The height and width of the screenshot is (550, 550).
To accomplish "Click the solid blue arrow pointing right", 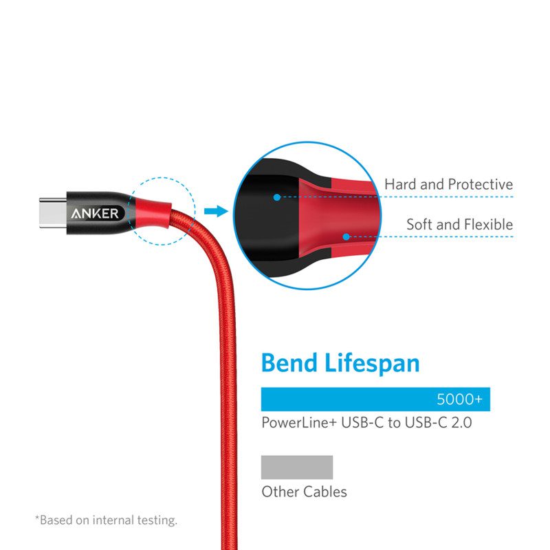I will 216,211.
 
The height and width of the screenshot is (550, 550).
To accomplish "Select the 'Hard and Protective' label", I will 448,184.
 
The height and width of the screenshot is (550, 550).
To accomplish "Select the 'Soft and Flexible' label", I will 459,224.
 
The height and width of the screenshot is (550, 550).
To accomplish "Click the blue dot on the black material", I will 276,197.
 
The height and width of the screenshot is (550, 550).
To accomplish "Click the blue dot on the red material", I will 346,236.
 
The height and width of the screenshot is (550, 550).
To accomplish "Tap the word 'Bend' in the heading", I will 291,362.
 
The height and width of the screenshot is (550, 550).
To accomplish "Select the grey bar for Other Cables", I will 297,467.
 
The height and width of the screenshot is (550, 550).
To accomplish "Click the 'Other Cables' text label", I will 304,492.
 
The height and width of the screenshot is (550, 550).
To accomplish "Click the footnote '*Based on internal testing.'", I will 106,520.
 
